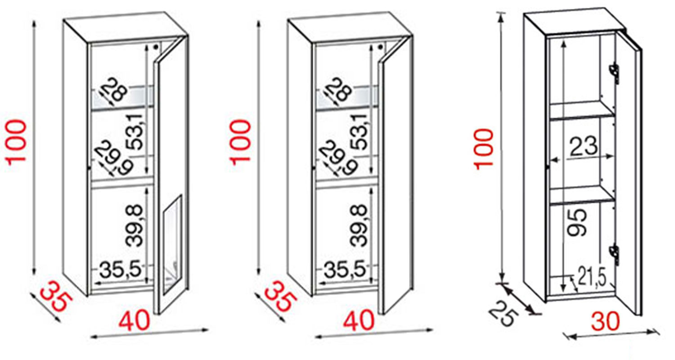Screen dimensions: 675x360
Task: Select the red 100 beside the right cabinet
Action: click(x=484, y=149)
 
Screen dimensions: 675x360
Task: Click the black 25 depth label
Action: click(x=501, y=313)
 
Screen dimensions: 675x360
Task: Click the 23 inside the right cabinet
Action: click(x=583, y=146)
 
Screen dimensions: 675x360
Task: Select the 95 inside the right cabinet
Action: click(x=577, y=223)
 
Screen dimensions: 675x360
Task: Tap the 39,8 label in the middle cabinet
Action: click(x=358, y=226)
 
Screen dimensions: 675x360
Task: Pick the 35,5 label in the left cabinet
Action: click(x=121, y=270)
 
